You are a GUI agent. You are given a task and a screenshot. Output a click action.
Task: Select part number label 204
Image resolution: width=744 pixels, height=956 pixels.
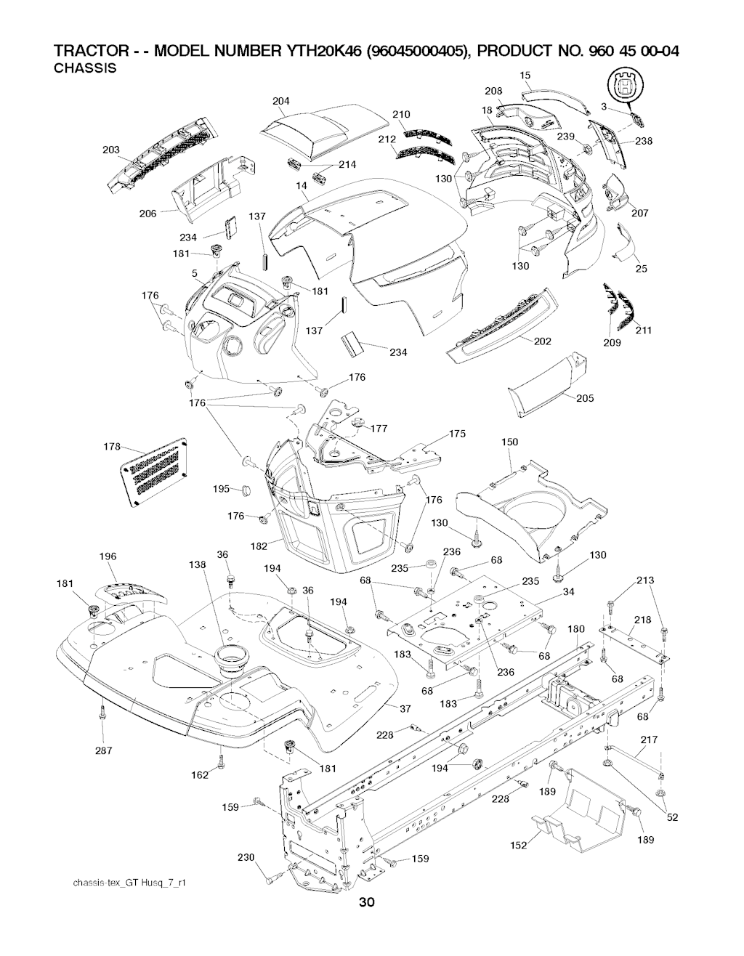(281, 101)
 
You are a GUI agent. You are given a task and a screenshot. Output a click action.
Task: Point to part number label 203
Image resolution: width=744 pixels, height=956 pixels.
(111, 150)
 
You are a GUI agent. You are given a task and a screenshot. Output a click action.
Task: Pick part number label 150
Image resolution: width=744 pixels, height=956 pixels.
(509, 442)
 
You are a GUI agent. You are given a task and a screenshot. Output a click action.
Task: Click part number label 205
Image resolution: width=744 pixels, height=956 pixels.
(585, 397)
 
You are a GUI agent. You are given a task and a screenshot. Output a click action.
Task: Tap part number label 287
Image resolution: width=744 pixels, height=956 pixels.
(104, 750)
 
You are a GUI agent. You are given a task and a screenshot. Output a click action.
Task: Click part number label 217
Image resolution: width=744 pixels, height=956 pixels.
(649, 740)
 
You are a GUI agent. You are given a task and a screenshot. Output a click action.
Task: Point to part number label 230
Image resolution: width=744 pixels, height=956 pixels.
(246, 857)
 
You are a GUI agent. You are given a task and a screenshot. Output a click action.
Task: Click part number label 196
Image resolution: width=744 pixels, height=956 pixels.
(108, 557)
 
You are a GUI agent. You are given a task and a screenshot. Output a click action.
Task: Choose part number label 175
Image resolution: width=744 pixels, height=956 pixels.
(457, 434)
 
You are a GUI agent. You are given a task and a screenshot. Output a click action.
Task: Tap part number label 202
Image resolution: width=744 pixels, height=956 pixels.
(542, 341)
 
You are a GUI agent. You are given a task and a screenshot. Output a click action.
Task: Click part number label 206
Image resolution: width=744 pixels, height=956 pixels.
(148, 214)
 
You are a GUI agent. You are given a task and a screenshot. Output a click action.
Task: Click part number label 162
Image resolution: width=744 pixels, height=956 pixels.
(199, 775)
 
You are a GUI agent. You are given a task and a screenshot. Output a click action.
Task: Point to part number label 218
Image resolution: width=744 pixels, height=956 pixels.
(642, 620)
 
